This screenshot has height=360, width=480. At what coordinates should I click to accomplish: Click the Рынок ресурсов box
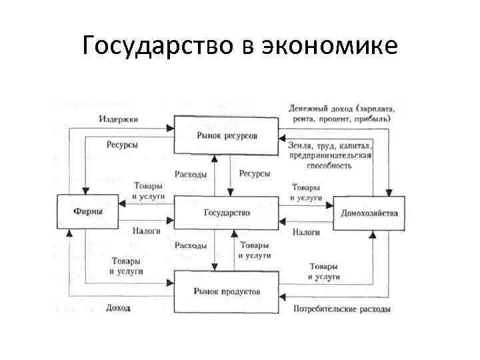(x=227, y=135)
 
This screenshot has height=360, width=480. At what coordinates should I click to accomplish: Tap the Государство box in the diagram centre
(x=227, y=213)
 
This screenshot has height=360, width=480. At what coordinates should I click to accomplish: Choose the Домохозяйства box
(x=369, y=213)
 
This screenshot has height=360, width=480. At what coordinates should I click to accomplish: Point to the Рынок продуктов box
(x=227, y=291)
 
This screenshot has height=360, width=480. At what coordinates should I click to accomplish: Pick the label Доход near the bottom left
(x=118, y=308)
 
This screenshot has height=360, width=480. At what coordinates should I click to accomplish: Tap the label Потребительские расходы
(x=341, y=309)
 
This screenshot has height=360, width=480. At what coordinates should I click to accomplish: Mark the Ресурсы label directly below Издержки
(x=123, y=144)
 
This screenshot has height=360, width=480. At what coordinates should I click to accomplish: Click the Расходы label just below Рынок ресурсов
(x=191, y=174)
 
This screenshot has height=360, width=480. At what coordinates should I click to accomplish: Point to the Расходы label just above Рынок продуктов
(x=191, y=245)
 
